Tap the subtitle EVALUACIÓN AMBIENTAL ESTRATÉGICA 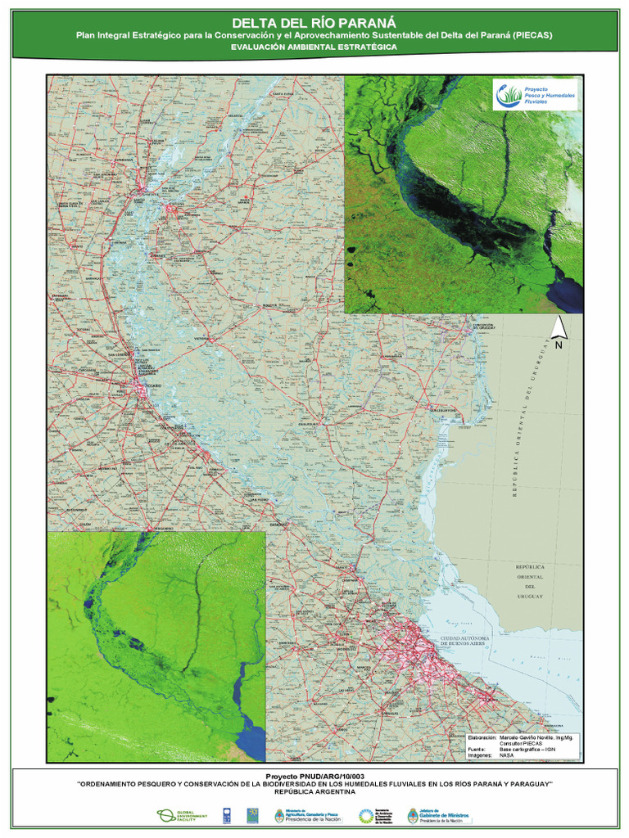click(x=314, y=47)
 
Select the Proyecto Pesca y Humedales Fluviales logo click(x=536, y=95)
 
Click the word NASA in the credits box click(x=507, y=757)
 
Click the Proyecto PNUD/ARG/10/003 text click(x=314, y=774)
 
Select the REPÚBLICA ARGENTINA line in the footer click(x=314, y=792)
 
